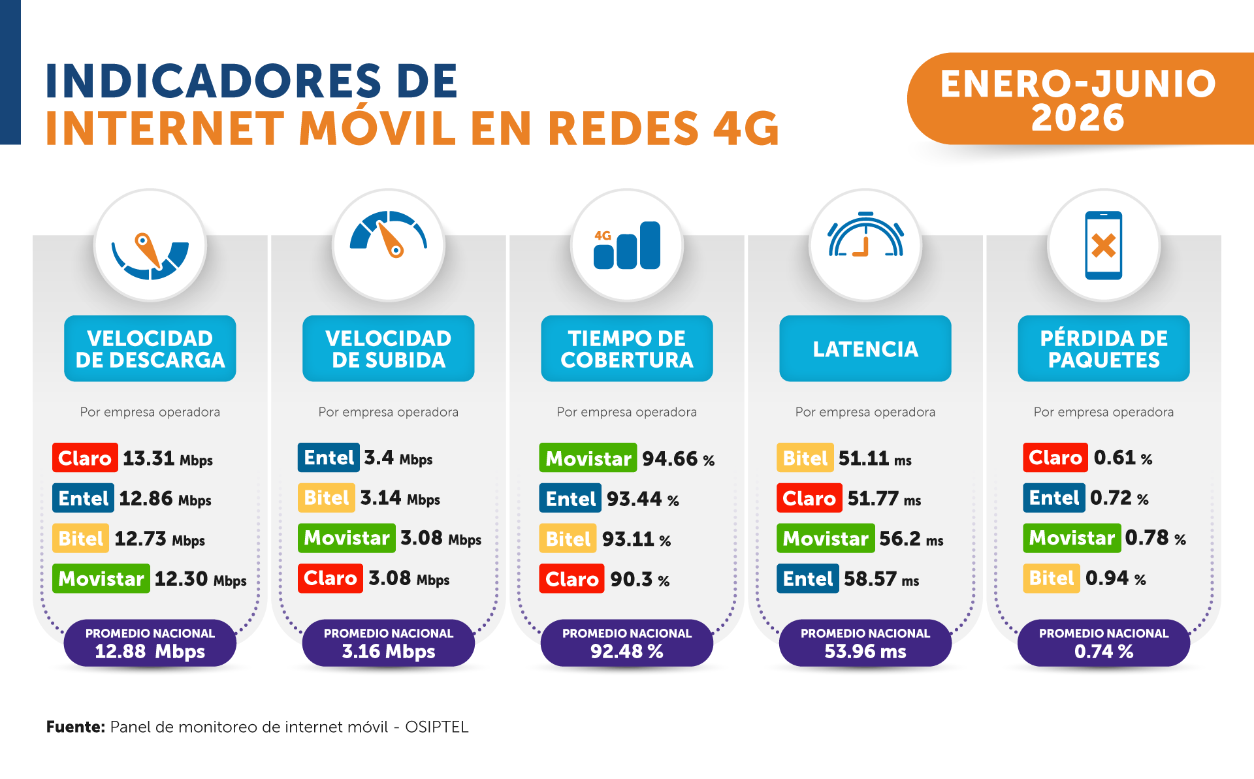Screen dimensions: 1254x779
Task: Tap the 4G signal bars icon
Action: click(x=627, y=246)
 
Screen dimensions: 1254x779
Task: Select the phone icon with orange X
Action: click(x=1104, y=246)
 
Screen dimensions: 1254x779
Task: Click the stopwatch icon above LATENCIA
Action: click(x=865, y=234)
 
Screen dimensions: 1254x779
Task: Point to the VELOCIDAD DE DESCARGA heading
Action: click(x=150, y=349)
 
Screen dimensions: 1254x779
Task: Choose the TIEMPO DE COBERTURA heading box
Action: click(x=627, y=349)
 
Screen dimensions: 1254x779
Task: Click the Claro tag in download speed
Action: click(x=85, y=458)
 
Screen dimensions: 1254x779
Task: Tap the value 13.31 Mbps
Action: click(x=168, y=458)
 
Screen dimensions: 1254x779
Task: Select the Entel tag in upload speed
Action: click(x=329, y=457)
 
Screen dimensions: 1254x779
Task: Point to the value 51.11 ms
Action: click(x=875, y=458)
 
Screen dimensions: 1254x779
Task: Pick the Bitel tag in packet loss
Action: click(x=1052, y=578)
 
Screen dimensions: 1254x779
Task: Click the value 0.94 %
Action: click(x=1116, y=579)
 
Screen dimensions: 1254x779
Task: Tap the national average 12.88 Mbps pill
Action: click(x=150, y=643)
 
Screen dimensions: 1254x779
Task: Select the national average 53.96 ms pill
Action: click(x=865, y=643)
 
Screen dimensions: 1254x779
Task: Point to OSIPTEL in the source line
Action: click(x=437, y=727)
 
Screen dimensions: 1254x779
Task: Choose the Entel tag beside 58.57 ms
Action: click(x=808, y=579)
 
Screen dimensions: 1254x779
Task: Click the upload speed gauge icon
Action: click(x=389, y=233)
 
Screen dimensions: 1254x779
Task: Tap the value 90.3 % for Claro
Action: click(x=640, y=580)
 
